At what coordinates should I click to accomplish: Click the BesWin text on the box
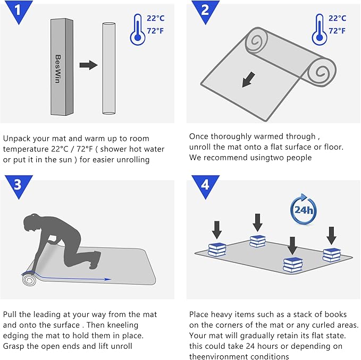click(x=58, y=68)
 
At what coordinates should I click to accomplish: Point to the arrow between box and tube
click(x=88, y=65)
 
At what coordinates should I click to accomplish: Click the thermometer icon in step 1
click(x=138, y=29)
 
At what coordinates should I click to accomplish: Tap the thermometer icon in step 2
click(x=320, y=29)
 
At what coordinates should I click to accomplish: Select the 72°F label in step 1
click(x=155, y=31)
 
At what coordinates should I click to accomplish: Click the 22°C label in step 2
click(x=337, y=18)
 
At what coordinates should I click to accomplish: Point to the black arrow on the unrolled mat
click(x=249, y=80)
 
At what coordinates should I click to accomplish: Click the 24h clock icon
click(x=304, y=210)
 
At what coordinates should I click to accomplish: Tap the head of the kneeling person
click(x=32, y=221)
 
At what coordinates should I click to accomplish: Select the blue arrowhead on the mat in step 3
click(x=107, y=279)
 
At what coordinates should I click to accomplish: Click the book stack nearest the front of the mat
click(x=292, y=265)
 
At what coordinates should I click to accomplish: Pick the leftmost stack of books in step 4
click(x=217, y=250)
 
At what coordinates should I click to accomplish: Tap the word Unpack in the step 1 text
click(x=17, y=139)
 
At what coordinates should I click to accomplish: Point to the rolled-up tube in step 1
click(x=108, y=68)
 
